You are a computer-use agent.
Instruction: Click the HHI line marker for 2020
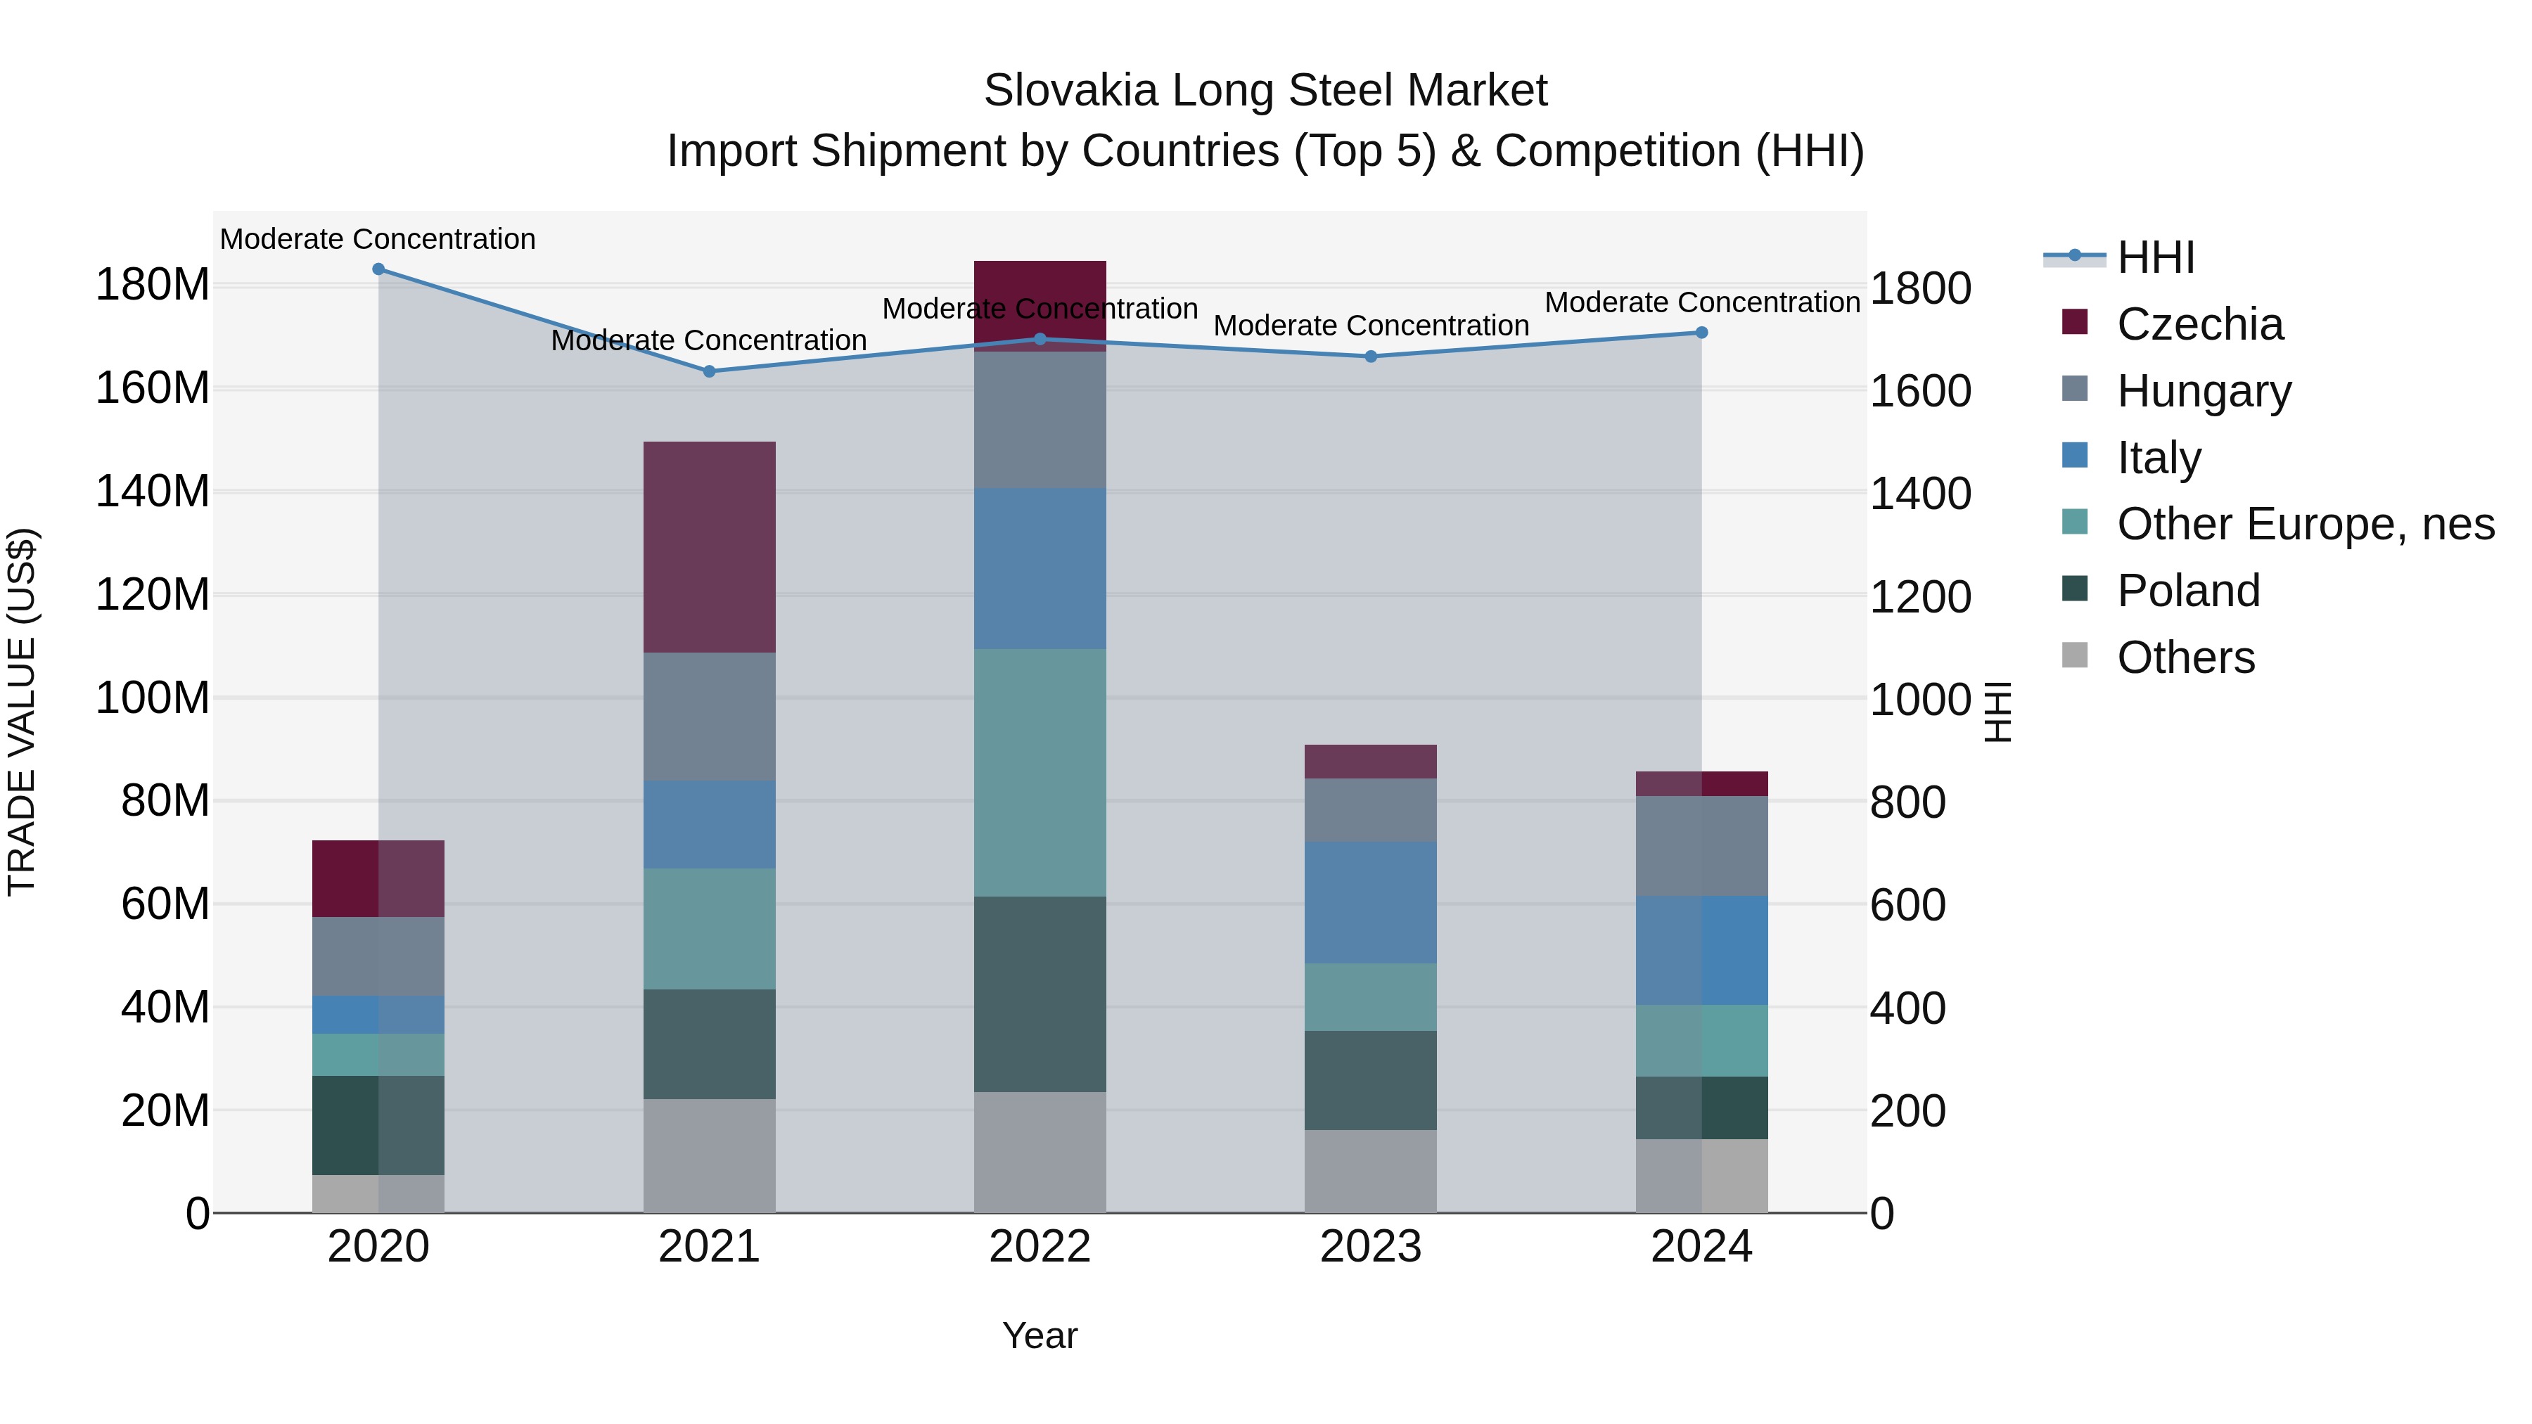378,269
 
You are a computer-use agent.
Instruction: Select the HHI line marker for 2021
710,371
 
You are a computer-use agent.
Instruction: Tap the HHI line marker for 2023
1371,357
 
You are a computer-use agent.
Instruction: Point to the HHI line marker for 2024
1702,333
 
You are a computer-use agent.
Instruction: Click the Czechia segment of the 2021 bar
710,547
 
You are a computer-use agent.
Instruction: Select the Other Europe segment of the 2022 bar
1040,772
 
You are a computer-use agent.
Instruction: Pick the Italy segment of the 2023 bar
1371,902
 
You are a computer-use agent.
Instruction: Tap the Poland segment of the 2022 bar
1040,994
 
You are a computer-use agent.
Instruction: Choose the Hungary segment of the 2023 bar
1371,810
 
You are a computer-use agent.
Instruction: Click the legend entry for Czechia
2200,324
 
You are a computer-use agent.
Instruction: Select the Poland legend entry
2188,591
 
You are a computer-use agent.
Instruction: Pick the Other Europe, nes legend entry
2305,524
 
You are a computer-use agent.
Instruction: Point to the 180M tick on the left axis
153,285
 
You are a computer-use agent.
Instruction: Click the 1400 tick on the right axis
1919,494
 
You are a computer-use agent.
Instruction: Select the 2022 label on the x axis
1040,1247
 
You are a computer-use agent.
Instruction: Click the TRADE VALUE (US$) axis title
22,712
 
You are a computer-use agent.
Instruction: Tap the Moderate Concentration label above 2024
1702,302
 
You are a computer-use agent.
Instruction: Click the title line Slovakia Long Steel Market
1265,91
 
